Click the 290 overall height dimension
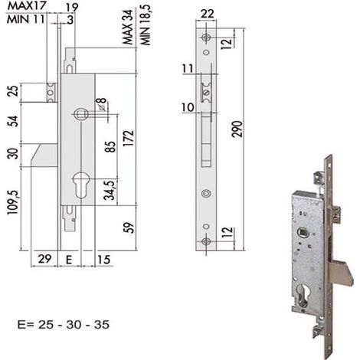237,129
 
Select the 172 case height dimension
129,138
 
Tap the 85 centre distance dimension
110,146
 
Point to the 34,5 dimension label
112,189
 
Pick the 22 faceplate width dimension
207,14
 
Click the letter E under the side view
69,260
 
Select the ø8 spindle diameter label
102,104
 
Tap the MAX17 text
26,6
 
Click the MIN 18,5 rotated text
146,25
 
